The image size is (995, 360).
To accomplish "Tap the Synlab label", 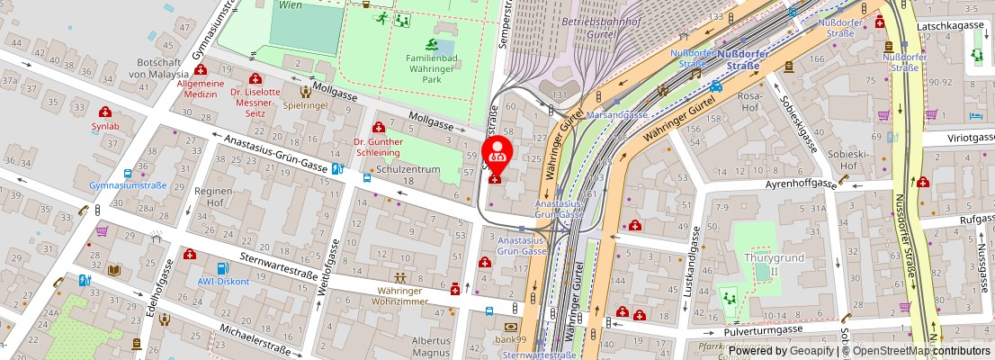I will tap(104, 126).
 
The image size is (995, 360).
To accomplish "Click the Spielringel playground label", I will tap(305, 104).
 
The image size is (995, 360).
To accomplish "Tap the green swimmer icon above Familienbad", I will tap(432, 44).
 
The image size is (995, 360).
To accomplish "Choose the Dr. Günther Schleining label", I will tap(378, 147).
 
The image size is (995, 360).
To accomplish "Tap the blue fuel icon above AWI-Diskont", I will tap(222, 267).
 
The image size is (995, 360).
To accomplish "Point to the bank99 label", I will tap(510, 339).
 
